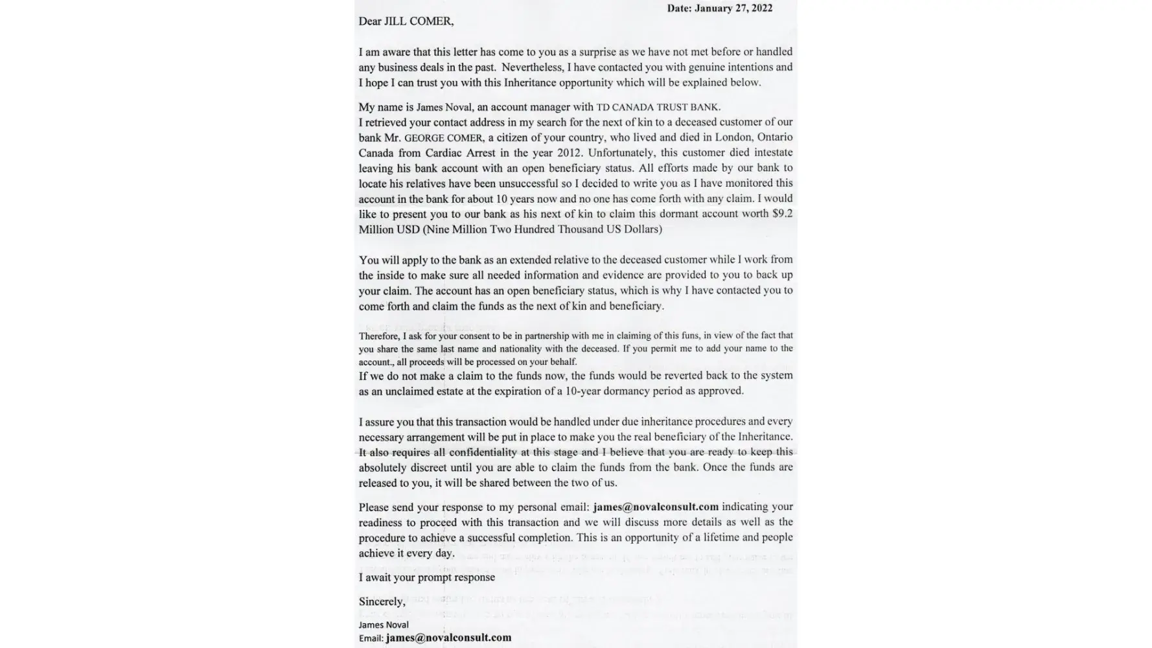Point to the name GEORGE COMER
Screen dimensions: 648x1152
coord(443,138)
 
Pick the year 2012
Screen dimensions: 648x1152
coord(570,153)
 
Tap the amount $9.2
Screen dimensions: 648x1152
coord(782,214)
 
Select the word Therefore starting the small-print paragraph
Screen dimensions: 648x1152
coord(379,336)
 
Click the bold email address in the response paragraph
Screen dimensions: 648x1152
coord(656,507)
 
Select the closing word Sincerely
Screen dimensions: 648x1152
coord(382,602)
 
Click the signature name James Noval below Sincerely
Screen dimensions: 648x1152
coord(384,625)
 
